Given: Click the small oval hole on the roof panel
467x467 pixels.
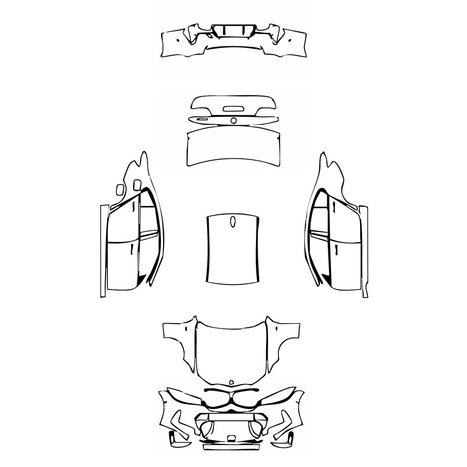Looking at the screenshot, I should [233, 221].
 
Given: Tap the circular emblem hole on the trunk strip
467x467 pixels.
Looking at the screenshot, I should [233, 120].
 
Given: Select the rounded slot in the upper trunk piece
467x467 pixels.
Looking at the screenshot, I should [232, 109].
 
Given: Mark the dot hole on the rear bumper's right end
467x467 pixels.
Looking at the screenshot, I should [290, 40].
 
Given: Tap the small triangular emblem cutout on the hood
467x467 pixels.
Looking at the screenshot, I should [231, 382].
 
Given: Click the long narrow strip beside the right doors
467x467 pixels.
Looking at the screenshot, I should [364, 251].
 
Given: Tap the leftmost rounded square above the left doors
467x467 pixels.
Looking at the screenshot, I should [120, 189].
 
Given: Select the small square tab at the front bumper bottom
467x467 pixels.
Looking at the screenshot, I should [231, 438].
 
